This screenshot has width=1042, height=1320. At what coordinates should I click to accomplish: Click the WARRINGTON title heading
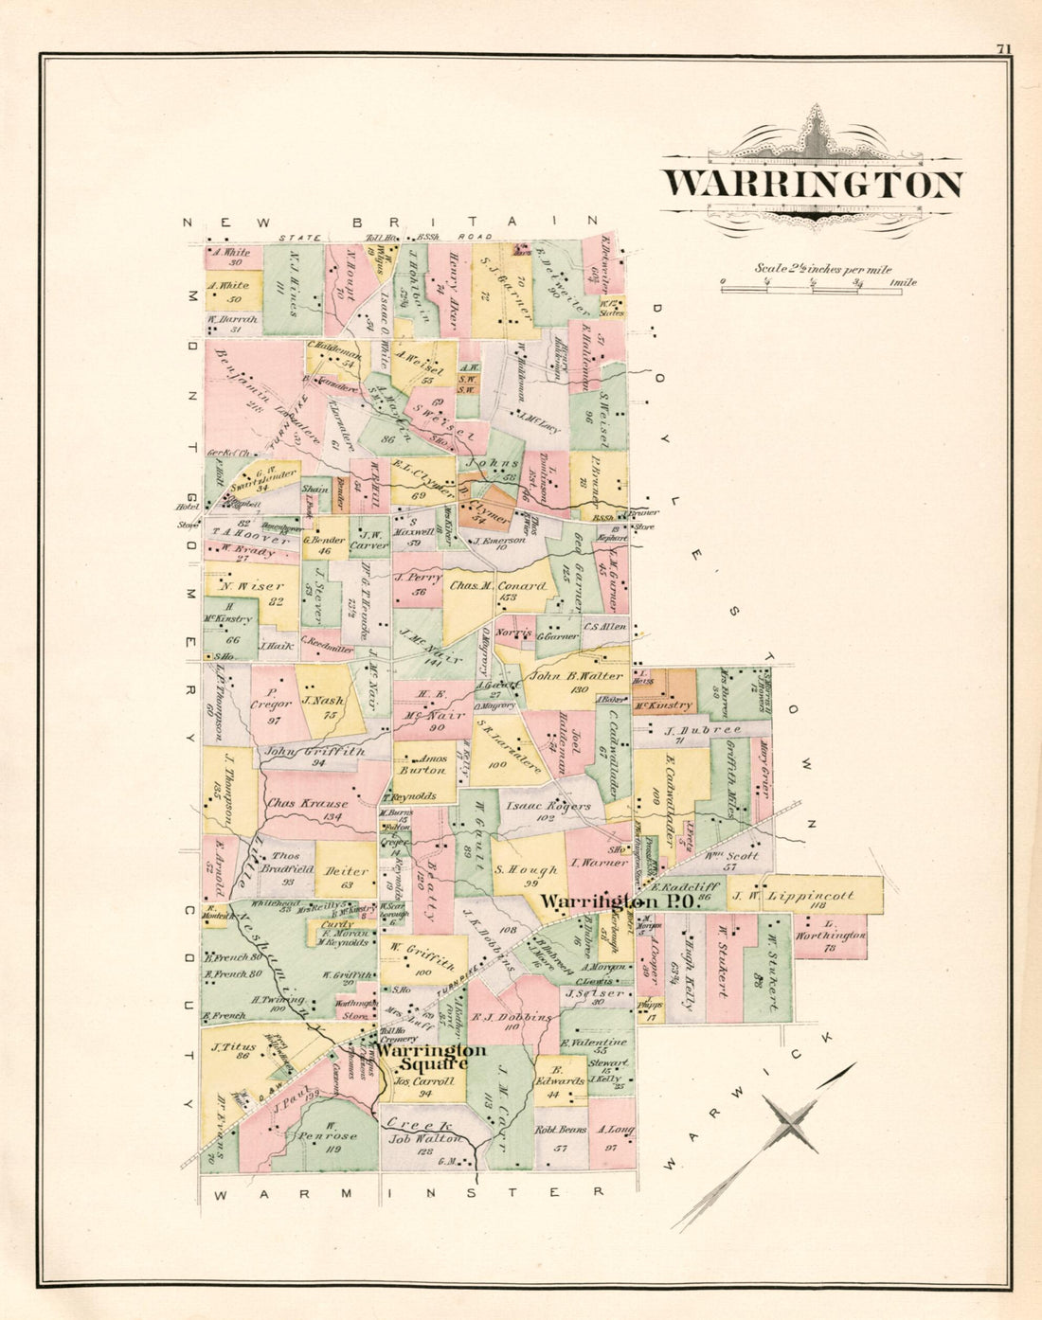812,184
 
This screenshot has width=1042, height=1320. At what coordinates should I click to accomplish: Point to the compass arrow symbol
791,1122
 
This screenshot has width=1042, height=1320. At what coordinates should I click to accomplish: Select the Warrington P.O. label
619,902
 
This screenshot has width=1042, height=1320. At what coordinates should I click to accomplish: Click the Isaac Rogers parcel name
548,807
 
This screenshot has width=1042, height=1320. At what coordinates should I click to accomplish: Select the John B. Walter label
576,676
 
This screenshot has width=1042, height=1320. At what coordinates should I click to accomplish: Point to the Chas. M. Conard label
497,586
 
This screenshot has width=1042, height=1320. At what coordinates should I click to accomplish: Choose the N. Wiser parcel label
252,586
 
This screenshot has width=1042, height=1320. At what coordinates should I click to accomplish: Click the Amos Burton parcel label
421,765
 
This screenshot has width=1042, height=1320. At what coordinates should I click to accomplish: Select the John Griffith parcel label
301,751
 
